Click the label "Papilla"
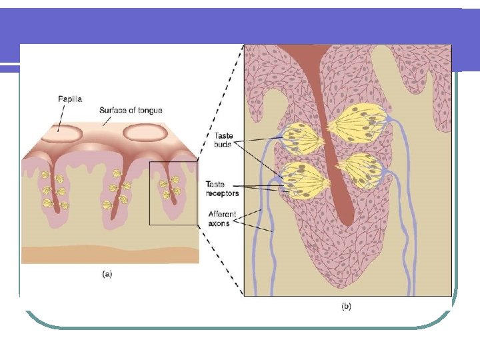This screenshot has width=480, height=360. [x=69, y=99]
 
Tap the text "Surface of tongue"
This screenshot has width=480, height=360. [x=131, y=110]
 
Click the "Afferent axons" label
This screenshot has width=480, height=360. [x=219, y=219]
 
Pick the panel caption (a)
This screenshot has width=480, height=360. [x=107, y=273]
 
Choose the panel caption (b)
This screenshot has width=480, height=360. [x=347, y=306]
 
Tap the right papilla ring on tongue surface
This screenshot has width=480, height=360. [x=145, y=133]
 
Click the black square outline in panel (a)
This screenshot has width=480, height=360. [x=150, y=193]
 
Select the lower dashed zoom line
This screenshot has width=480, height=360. [x=220, y=260]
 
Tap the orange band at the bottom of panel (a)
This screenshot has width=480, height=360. [x=110, y=254]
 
